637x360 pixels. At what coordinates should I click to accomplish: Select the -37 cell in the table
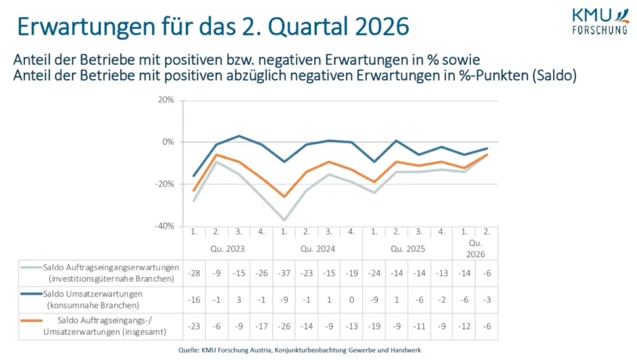(284, 273)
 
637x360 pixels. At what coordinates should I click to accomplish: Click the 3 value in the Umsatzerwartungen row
(239, 299)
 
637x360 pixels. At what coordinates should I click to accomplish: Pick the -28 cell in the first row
(193, 273)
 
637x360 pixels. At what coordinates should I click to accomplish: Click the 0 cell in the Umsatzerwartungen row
(351, 299)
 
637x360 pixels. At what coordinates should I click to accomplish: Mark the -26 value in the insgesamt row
(284, 326)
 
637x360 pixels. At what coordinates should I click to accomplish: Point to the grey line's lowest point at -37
(284, 220)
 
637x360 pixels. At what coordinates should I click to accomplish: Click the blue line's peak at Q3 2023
(239, 136)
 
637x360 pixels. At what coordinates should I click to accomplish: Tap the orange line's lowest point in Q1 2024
(284, 196)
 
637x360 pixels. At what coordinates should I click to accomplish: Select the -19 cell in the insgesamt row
(374, 326)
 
